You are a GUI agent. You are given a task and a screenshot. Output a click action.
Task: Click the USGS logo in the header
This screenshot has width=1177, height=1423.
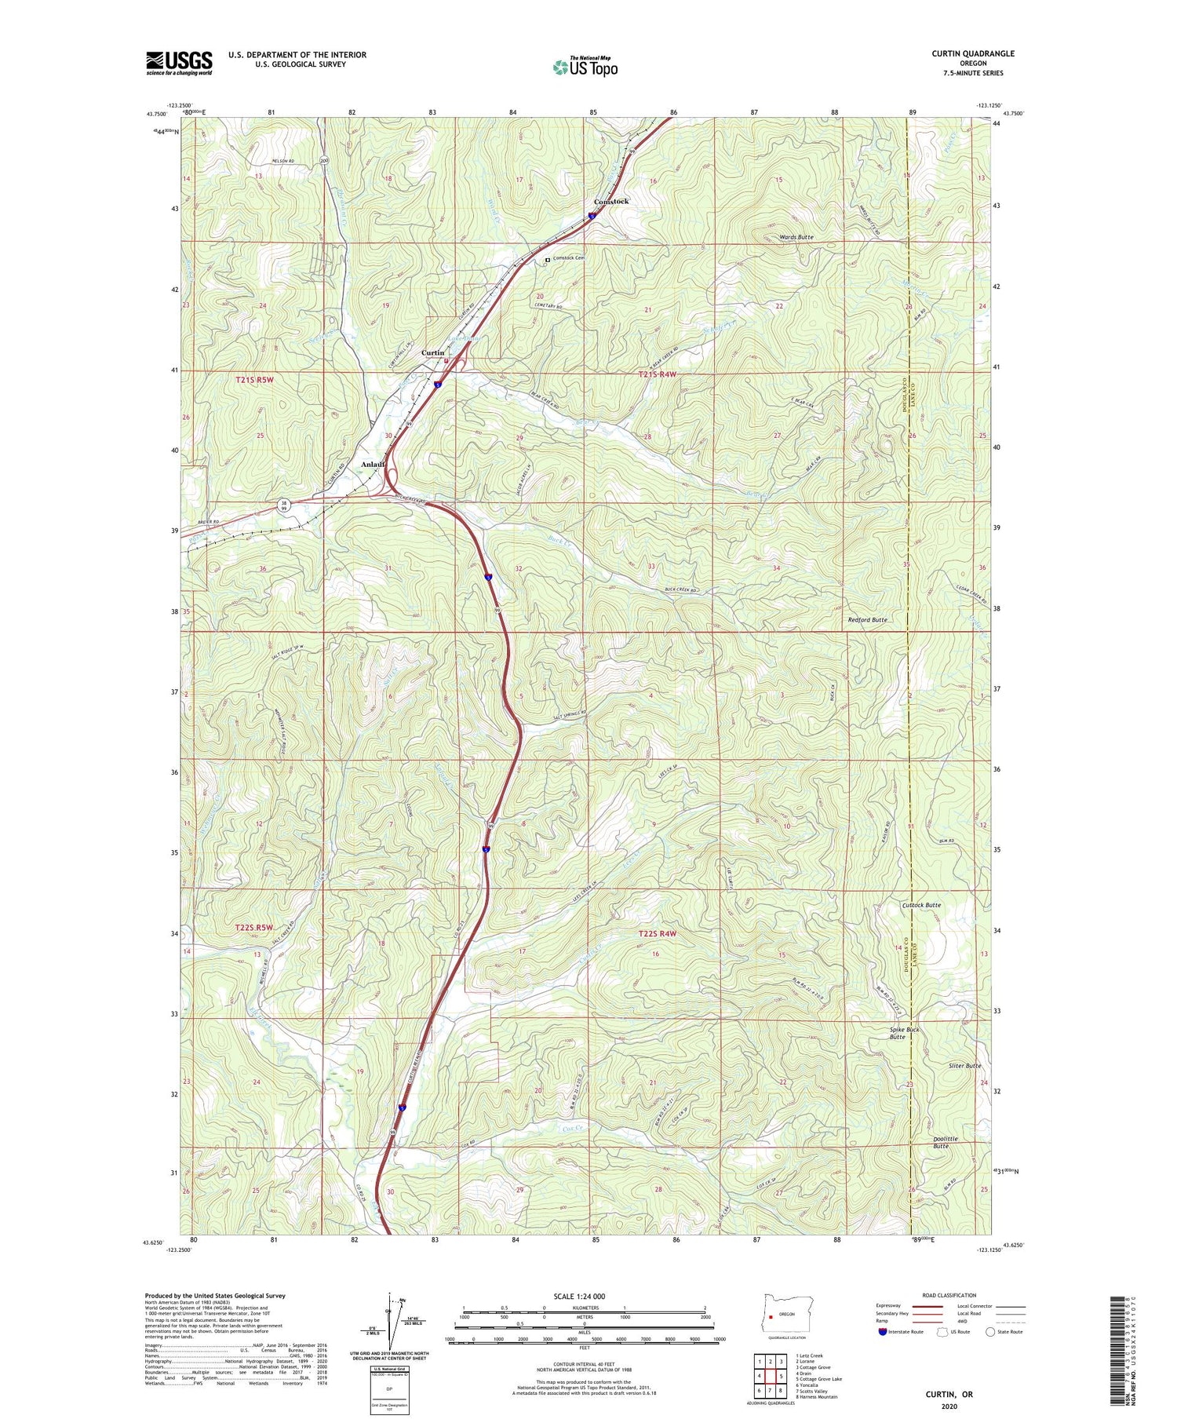[179, 63]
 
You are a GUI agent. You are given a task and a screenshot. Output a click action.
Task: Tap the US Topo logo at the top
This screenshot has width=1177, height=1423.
[585, 67]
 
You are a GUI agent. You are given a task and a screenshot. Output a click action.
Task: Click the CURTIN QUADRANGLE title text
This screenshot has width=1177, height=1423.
[972, 53]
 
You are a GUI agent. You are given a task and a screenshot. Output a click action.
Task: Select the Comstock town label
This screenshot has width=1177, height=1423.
[610, 202]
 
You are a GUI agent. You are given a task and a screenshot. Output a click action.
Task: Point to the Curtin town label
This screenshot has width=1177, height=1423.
[432, 353]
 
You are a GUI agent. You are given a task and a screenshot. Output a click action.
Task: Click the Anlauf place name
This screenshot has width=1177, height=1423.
[374, 465]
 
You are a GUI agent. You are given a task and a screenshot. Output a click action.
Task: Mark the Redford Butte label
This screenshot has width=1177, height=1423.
[867, 620]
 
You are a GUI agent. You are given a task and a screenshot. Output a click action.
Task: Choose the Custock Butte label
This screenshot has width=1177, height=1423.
[920, 905]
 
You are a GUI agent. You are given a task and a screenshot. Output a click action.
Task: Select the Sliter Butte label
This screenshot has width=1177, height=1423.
[962, 1066]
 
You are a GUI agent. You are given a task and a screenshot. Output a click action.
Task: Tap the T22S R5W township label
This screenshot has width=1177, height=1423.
[254, 928]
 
